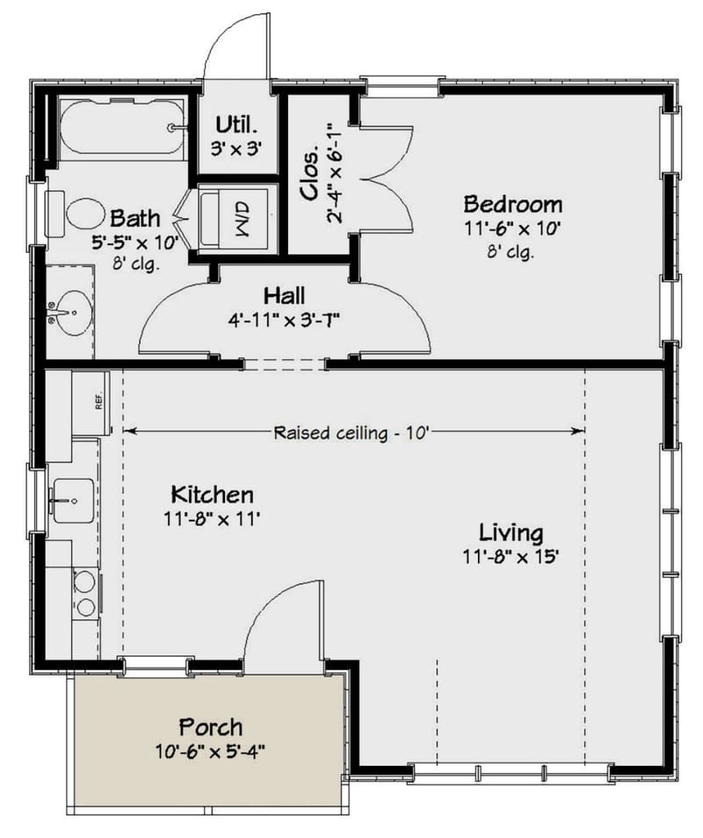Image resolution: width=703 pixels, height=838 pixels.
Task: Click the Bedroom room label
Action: click(513, 205)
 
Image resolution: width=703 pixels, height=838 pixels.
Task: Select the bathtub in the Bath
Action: click(121, 128)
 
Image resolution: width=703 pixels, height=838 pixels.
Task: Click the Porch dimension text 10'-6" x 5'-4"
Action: click(210, 751)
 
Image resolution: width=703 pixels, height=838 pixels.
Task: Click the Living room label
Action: click(511, 532)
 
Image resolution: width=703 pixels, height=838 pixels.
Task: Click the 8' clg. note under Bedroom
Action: click(512, 251)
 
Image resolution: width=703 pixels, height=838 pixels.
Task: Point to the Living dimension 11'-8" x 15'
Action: click(511, 556)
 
